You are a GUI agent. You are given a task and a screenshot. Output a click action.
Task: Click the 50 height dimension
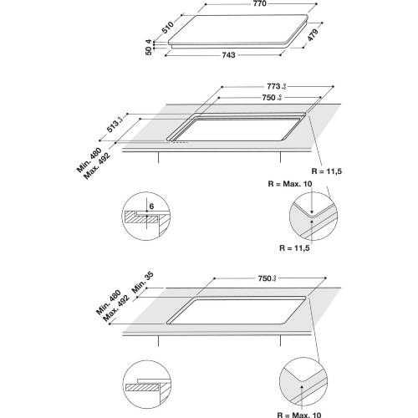(x=150, y=52)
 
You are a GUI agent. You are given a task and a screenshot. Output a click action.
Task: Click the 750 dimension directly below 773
(x=266, y=97)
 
